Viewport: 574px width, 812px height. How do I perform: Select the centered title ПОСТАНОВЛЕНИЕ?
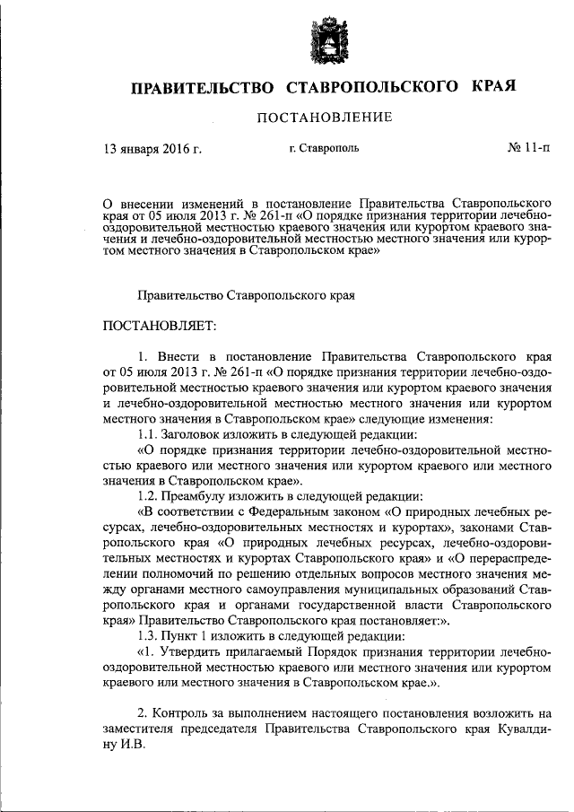coord(326,118)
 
